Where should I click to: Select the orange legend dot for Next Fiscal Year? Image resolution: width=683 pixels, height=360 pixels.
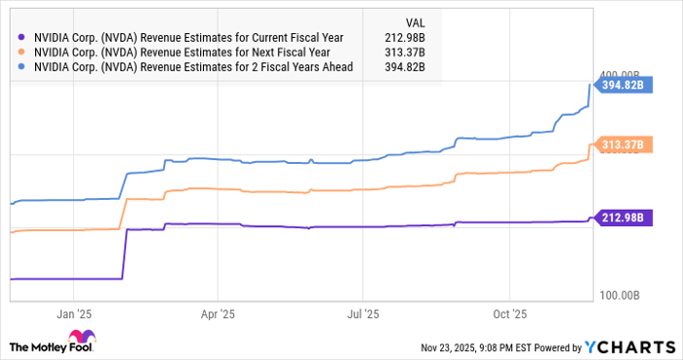click(20, 51)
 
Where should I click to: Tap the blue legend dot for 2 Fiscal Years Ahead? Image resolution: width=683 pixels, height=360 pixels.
click(20, 67)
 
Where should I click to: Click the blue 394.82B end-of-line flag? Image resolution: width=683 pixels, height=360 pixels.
click(618, 86)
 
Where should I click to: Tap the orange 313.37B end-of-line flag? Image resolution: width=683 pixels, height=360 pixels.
click(618, 145)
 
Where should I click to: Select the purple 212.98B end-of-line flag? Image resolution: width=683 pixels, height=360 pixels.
click(618, 217)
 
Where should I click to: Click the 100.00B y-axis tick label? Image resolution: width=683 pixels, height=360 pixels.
click(618, 294)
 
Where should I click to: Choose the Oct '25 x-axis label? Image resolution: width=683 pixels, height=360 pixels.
click(508, 314)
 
